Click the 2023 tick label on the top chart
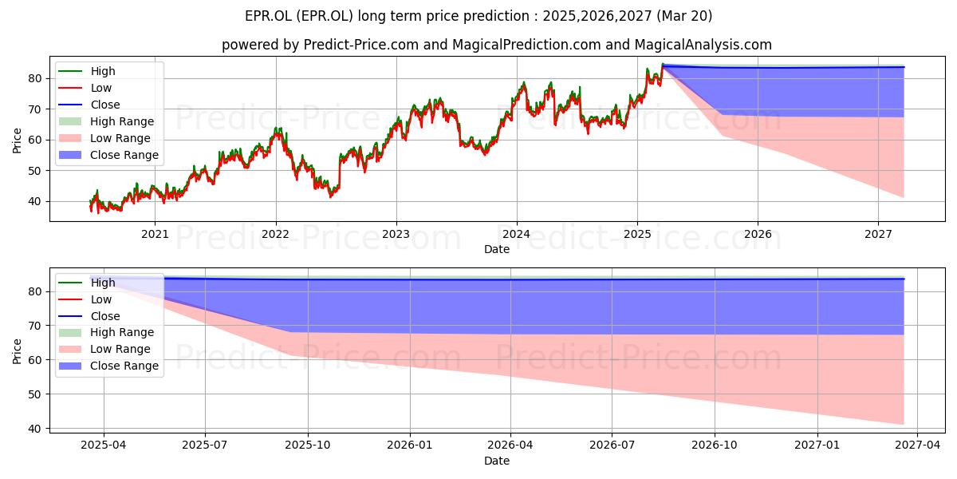coord(396,234)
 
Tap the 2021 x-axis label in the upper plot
coord(155,234)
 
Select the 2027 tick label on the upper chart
coord(878,234)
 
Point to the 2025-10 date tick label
coord(308,445)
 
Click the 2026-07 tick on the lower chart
coord(612,445)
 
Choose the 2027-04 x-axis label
coord(917,445)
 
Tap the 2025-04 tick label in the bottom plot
coord(104,445)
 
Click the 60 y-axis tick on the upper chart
coord(34,141)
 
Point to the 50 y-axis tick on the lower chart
coord(34,394)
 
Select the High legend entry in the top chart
coord(87,71)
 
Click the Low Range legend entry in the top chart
coord(104,138)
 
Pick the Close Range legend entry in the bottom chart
coord(108,366)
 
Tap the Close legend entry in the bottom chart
coord(89,316)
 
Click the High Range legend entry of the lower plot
coord(106,332)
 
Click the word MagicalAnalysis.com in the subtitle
coord(703,45)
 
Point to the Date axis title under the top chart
coord(496,249)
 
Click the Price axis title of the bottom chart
coord(17,351)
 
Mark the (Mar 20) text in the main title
coord(684,16)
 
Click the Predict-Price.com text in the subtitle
coord(361,45)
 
